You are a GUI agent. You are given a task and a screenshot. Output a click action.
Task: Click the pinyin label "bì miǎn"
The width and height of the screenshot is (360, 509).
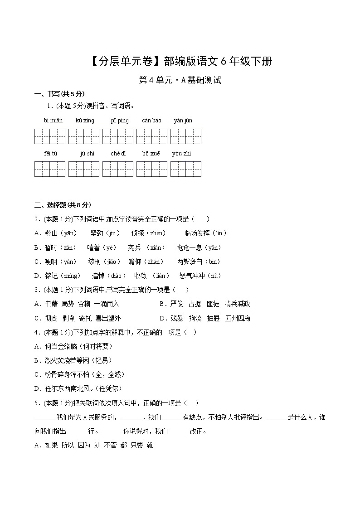coord(53,121)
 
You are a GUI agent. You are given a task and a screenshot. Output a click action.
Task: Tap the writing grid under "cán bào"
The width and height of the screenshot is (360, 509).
coord(151,136)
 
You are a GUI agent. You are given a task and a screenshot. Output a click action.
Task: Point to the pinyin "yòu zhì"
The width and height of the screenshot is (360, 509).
coord(181,154)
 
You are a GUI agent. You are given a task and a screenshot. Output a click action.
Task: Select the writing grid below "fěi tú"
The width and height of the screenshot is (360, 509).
coord(50,169)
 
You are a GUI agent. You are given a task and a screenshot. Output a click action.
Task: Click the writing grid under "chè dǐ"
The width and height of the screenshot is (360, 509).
coord(118,169)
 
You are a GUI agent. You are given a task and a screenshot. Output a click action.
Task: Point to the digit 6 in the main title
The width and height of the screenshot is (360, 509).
coord(212,61)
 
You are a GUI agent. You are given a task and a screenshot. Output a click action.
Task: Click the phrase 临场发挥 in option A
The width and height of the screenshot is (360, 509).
coord(197,233)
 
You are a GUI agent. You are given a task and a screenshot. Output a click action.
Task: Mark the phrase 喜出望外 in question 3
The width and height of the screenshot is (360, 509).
coord(108,318)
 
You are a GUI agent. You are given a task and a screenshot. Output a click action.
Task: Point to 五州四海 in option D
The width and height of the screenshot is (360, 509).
coord(238,318)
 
